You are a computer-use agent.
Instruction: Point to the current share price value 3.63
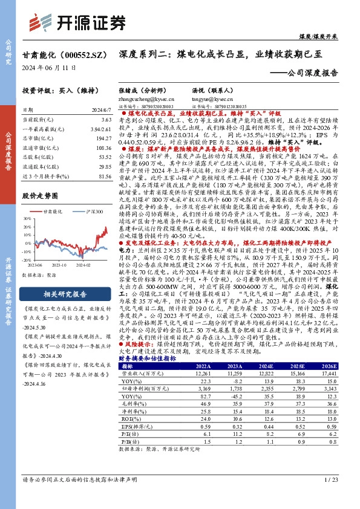tap(107, 120)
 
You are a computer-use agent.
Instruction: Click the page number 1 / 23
tap(330, 496)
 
